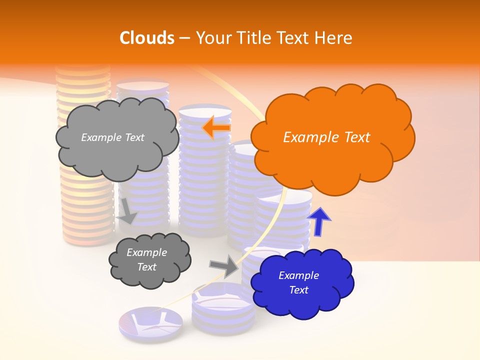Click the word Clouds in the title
tap(147, 38)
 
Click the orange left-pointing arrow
tap(216, 128)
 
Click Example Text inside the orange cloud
tap(326, 137)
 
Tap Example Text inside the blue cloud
tap(298, 282)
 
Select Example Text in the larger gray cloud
tap(112, 137)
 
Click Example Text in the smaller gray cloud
tap(146, 259)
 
